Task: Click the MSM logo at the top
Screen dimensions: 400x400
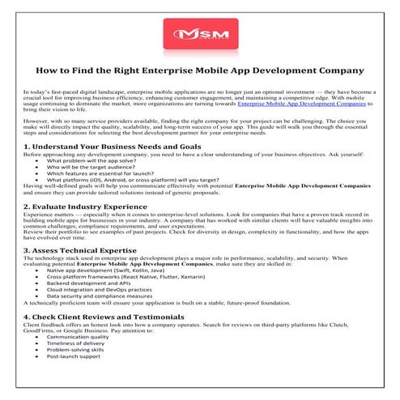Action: [x=199, y=36]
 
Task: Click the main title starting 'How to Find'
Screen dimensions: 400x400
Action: [x=199, y=72]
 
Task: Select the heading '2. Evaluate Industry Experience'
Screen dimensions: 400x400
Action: [x=85, y=206]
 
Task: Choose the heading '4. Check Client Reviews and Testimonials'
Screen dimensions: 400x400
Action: [x=104, y=315]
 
